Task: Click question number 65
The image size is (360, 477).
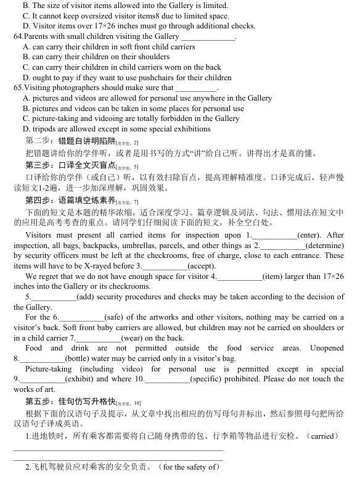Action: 18,88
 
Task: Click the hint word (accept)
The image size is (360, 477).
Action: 202,265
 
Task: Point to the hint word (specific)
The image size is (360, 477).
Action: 206,378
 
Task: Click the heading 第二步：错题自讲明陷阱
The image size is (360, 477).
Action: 70,140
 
